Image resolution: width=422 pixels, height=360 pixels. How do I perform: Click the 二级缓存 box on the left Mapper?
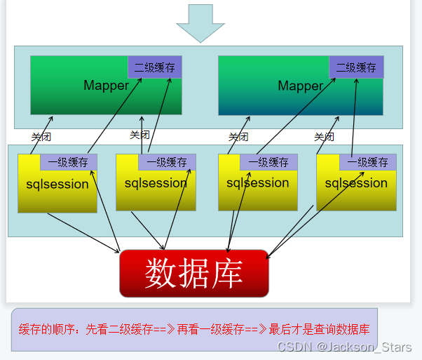click(154, 67)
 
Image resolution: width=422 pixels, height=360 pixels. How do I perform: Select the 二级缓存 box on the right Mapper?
click(356, 67)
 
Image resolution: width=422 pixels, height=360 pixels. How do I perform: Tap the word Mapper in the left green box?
click(106, 86)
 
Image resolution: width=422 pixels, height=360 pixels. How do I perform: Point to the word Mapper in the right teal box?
click(300, 86)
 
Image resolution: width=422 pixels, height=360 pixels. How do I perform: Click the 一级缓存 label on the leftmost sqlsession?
click(68, 162)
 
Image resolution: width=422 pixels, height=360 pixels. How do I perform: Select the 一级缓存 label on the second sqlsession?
click(167, 162)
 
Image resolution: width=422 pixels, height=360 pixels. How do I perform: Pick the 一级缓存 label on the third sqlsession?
click(268, 162)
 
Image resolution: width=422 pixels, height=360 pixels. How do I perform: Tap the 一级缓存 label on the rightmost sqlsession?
click(368, 162)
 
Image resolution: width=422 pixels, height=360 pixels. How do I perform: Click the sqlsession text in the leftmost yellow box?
click(57, 185)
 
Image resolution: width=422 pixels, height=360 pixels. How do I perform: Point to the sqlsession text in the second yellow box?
click(156, 184)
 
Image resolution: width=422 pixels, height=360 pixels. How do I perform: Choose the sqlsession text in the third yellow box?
click(257, 183)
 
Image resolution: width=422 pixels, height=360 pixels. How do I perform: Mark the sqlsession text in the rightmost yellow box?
click(356, 184)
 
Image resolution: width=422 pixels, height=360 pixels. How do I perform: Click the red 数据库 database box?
click(194, 273)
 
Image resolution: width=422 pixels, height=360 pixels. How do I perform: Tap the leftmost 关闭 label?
click(41, 137)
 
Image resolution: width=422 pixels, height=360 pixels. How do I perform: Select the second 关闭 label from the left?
click(139, 135)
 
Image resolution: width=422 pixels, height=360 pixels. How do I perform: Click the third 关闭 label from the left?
click(238, 137)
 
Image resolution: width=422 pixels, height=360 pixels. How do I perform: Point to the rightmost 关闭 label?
click(324, 137)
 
